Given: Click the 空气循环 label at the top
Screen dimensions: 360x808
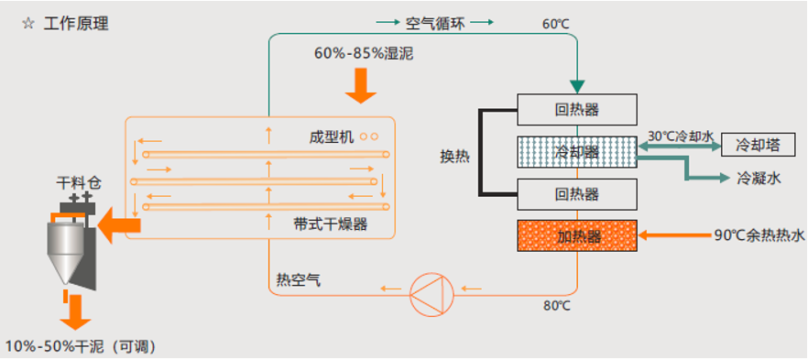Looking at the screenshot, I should pos(435,22).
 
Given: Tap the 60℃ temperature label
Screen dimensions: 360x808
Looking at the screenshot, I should pos(556,24).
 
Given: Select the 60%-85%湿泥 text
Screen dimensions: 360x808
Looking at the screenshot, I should pos(364,54).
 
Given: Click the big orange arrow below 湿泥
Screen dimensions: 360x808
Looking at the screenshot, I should pos(360,86).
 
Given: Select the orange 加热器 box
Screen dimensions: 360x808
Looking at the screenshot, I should pos(576,236).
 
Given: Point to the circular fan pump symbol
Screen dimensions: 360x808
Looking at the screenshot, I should pos(430,291).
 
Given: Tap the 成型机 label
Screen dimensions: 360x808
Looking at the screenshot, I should pos(332,136).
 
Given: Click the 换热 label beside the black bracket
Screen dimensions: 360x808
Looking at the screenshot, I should pos(454,156).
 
